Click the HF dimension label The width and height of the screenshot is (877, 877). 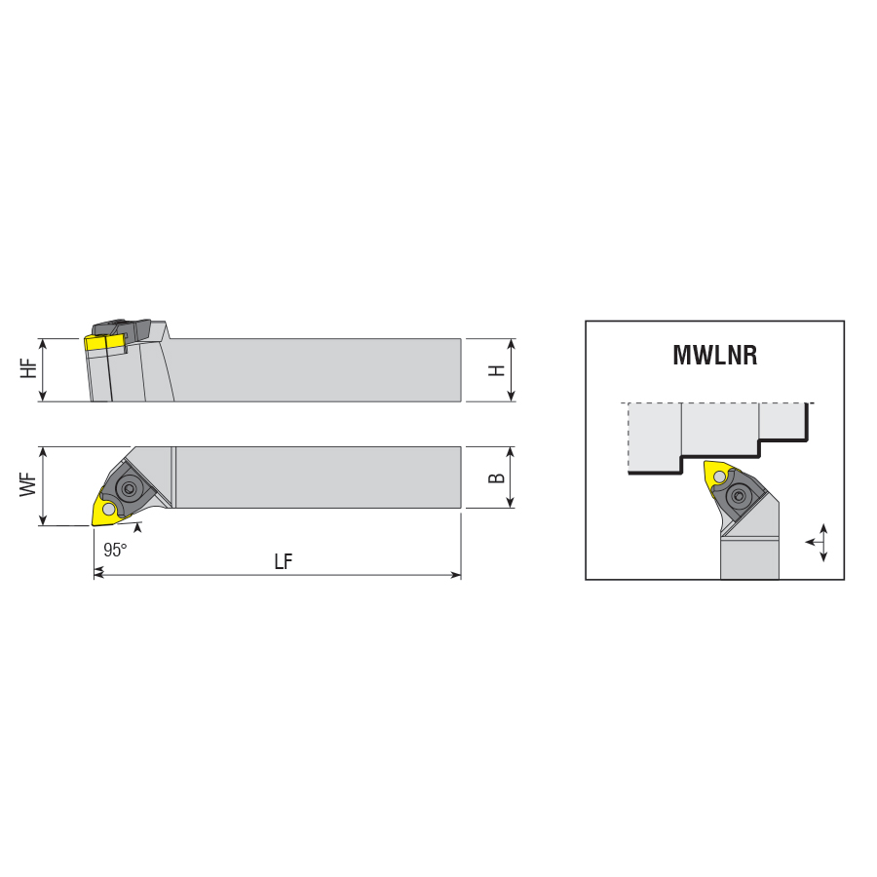[x=28, y=368]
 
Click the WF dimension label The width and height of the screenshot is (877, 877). [x=28, y=484]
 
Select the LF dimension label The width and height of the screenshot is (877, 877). [x=283, y=561]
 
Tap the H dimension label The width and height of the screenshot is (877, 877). [x=496, y=369]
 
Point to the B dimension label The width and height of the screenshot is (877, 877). [x=496, y=477]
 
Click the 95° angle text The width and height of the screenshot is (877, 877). [x=115, y=550]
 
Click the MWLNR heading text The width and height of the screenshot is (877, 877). [x=715, y=355]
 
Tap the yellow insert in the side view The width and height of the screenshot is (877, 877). [x=104, y=343]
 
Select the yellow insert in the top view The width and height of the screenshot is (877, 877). [x=107, y=509]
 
